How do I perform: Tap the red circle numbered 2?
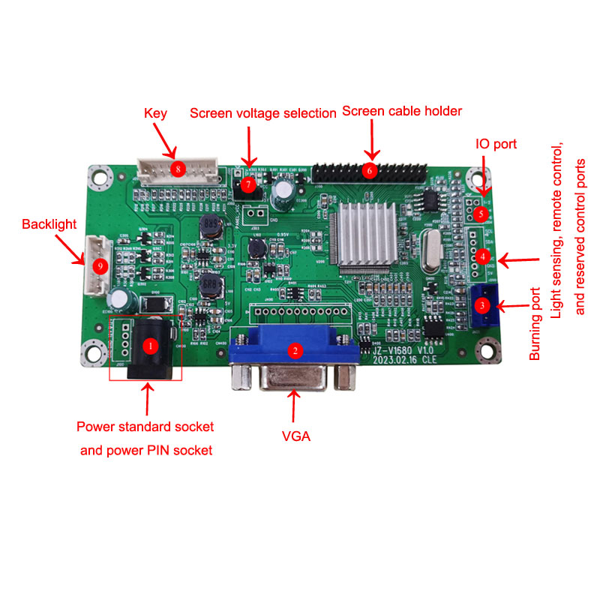point(295,349)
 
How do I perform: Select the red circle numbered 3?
point(482,305)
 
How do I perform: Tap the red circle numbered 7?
point(247,182)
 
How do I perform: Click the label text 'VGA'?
point(297,436)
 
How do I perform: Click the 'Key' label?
point(155,113)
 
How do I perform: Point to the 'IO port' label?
point(496,144)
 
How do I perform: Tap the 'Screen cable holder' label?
point(401,111)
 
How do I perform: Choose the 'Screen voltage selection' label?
point(262,113)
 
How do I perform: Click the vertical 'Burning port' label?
point(535,324)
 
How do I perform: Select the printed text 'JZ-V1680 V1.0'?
point(404,349)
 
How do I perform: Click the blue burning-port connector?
point(484,307)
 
